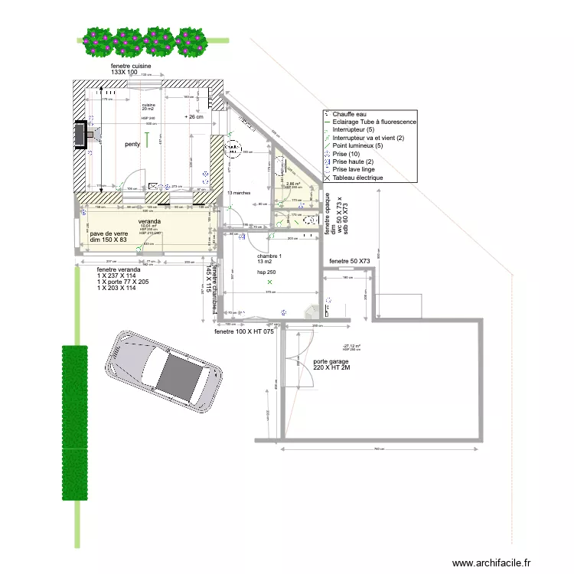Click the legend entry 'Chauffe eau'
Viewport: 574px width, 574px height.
tap(349, 114)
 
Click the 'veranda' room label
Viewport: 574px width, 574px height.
tap(149, 221)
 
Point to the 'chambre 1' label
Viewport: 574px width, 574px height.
tap(269, 256)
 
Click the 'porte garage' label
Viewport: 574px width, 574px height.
tap(331, 361)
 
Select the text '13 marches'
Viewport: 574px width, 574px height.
tap(240, 193)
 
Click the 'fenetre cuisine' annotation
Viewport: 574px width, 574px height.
tap(131, 67)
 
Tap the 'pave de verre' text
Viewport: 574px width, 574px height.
tap(109, 234)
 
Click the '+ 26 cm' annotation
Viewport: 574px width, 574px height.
tap(194, 117)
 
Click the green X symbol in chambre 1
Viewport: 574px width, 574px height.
tap(269, 282)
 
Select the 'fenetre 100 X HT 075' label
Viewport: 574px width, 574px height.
tap(243, 332)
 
